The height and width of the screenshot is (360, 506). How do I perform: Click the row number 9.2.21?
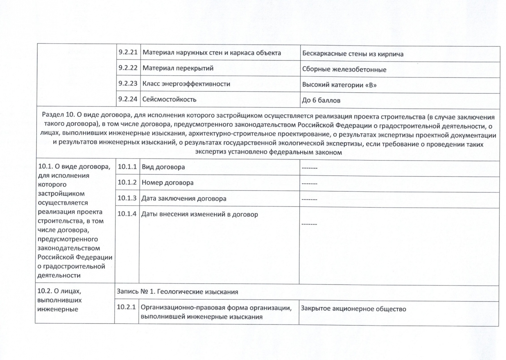point(128,52)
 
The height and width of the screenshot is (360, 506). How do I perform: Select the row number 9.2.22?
point(128,68)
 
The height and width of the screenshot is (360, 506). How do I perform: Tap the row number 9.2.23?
point(128,83)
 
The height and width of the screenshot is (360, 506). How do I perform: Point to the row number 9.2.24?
point(128,99)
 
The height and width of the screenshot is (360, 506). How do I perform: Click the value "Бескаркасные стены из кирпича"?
point(353,54)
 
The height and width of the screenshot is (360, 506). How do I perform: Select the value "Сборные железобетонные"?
point(344,70)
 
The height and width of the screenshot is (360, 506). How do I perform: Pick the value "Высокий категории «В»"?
point(339,85)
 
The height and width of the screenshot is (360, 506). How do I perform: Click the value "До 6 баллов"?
point(321,100)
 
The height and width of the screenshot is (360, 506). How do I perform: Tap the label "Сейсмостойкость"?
point(169,99)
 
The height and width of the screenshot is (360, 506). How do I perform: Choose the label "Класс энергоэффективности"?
point(186,84)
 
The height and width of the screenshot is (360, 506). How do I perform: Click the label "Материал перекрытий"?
point(178,68)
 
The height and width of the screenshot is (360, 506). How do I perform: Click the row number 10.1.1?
point(127,167)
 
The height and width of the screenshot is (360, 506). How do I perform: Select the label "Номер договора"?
point(168,183)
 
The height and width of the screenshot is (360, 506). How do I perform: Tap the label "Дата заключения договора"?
point(184,199)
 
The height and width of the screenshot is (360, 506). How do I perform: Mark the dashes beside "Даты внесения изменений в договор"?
point(309,224)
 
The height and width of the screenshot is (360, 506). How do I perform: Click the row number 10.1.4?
point(127,214)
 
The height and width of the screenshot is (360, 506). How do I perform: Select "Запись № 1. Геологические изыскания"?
point(177,292)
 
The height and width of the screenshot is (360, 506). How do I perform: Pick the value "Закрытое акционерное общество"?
point(353,309)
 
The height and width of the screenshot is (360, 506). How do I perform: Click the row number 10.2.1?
point(126,307)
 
